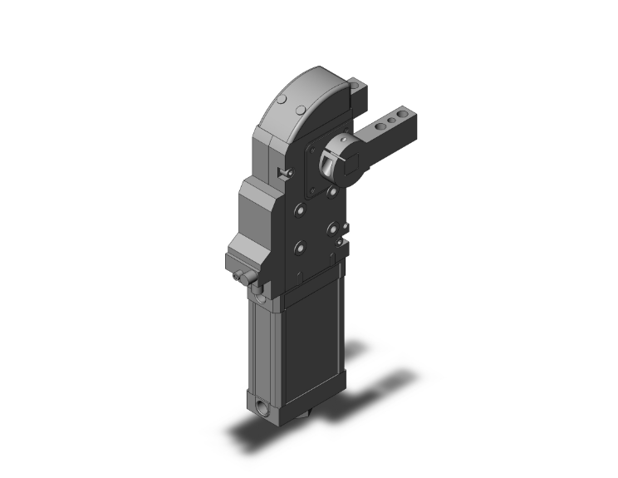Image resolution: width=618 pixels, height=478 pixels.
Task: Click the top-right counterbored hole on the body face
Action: [333, 192]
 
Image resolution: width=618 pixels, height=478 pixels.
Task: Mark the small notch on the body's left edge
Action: [285, 172]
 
